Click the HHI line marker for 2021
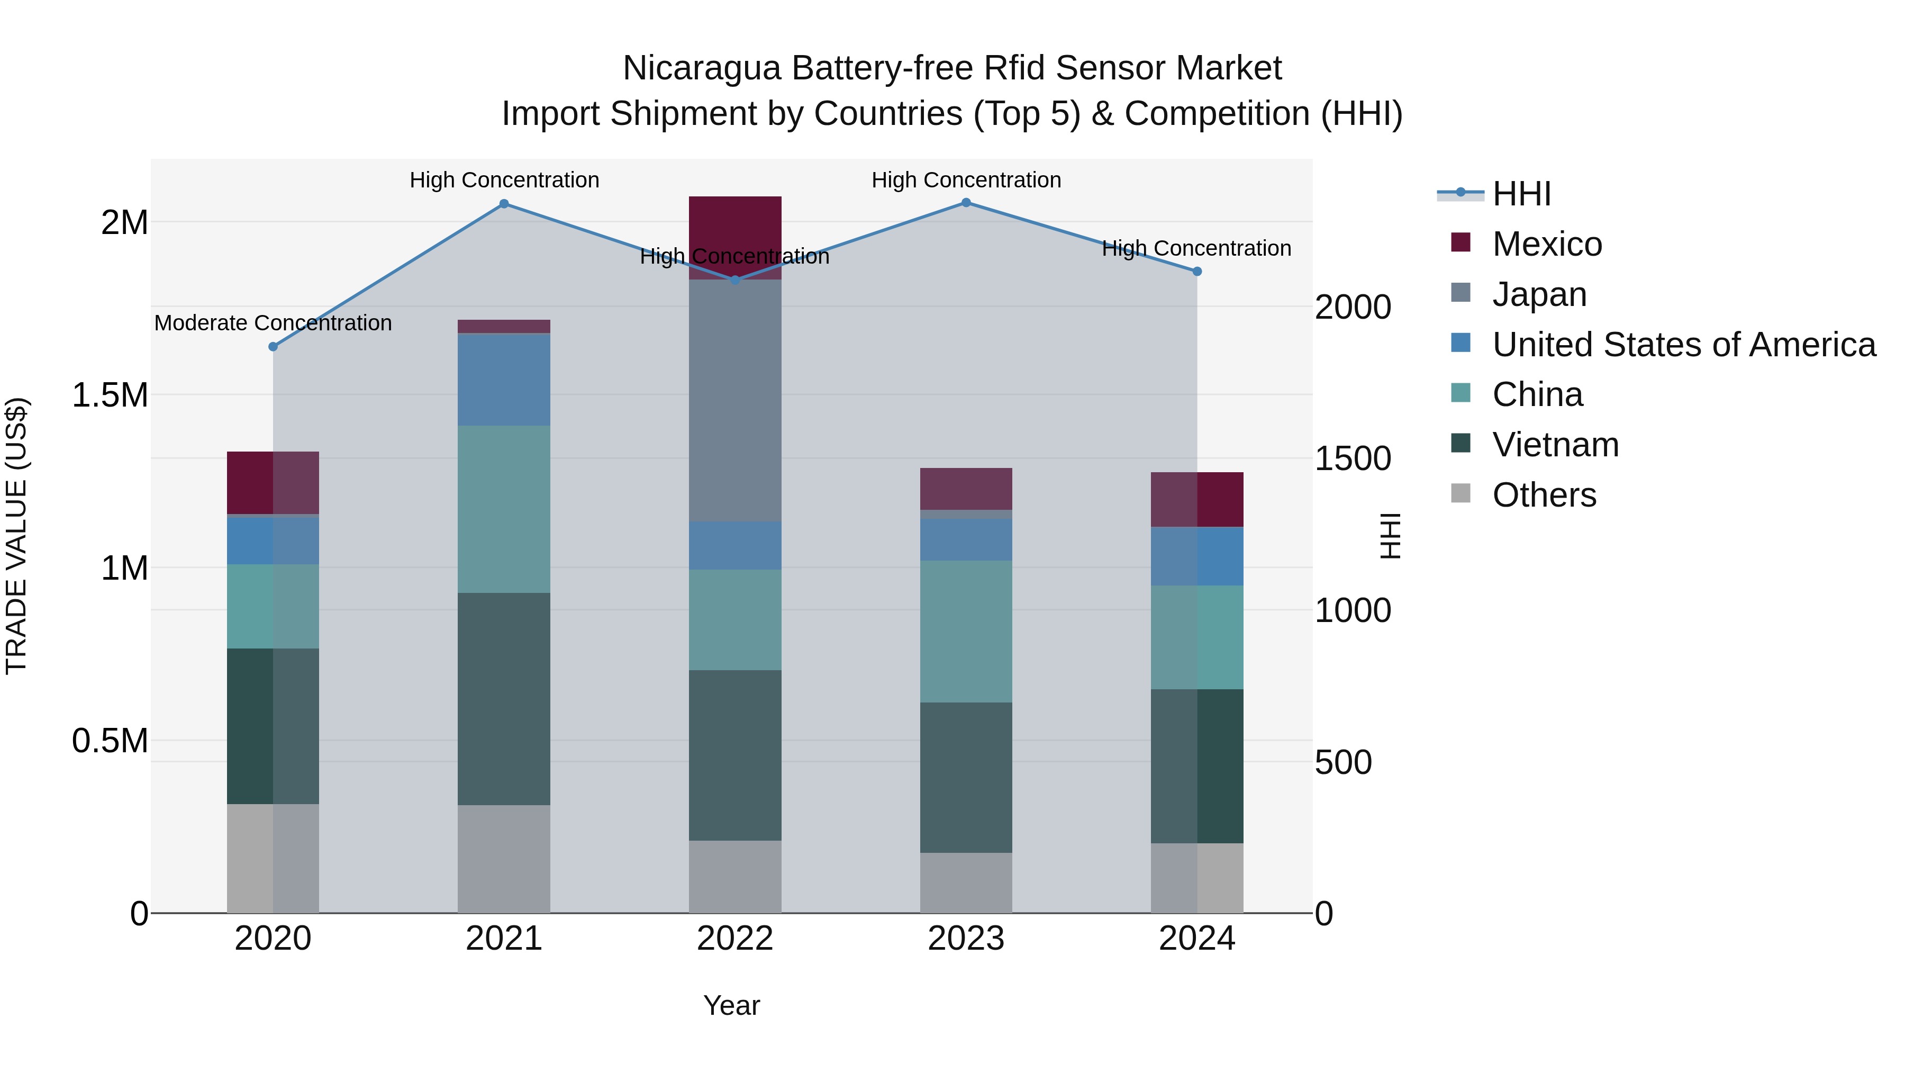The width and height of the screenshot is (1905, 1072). coord(504,203)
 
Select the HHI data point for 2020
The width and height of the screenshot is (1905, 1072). coord(273,346)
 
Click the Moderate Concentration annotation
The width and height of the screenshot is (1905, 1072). coord(273,323)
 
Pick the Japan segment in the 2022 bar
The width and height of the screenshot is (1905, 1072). coord(735,400)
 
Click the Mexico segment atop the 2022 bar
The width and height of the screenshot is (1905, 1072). coord(735,222)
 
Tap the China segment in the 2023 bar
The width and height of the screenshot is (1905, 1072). coord(966,631)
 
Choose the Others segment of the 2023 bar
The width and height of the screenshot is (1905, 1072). coord(966,882)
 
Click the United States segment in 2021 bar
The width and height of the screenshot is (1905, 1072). coord(504,380)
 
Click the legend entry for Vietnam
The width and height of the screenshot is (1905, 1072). coord(1555,445)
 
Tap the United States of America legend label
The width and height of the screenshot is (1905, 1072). coord(1683,345)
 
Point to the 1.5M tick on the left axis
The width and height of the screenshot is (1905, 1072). coord(110,395)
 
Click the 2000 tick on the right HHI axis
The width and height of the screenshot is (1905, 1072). coord(1353,307)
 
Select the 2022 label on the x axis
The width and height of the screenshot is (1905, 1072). coord(735,939)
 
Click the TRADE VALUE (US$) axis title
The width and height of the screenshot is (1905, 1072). coord(16,536)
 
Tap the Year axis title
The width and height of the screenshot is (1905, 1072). coord(731,1005)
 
